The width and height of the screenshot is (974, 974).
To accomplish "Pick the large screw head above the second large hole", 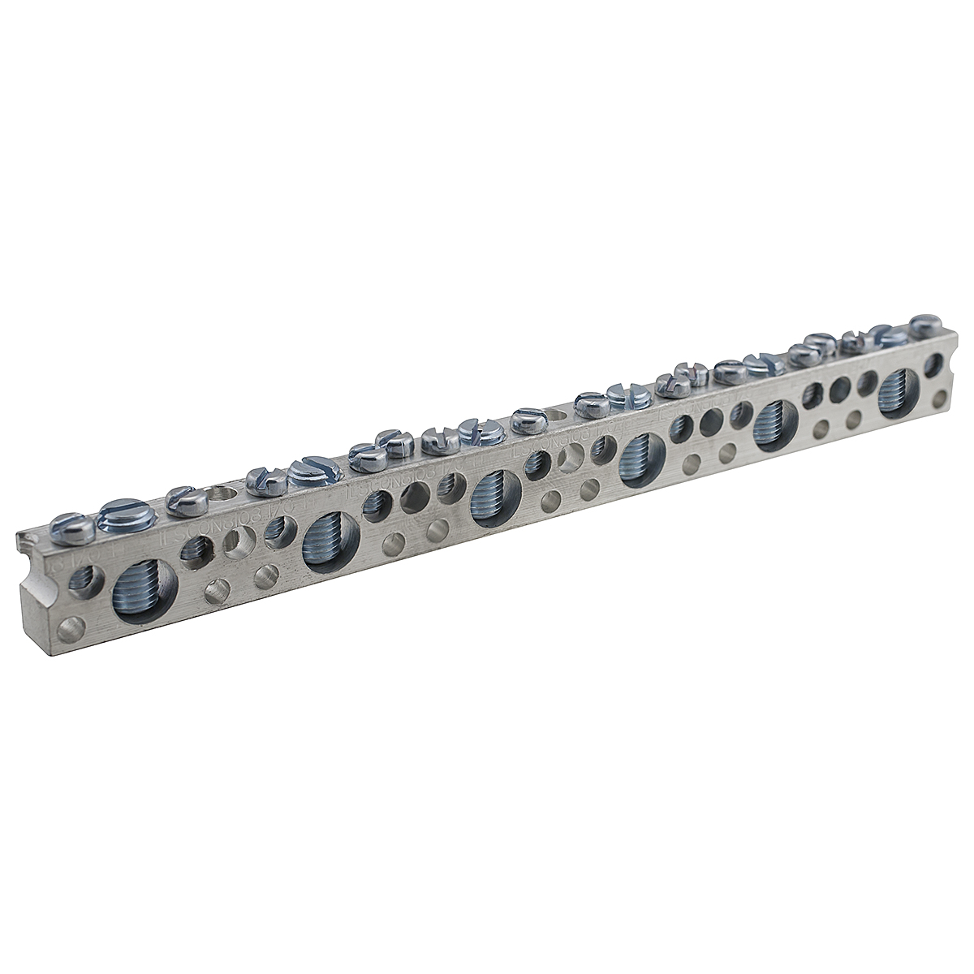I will click(310, 470).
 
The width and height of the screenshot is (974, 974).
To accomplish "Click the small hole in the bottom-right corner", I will click(939, 399).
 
